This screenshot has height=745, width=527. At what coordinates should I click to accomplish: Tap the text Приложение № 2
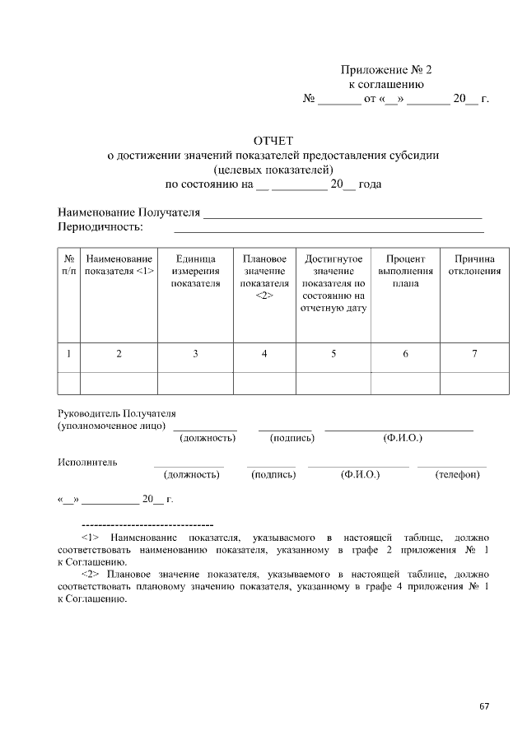[386, 70]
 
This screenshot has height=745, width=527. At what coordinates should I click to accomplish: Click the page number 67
[484, 706]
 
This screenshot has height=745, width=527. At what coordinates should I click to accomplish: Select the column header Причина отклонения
[474, 265]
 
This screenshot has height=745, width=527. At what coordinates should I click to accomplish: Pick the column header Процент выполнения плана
[405, 271]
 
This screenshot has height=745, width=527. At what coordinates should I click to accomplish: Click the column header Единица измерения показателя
[195, 271]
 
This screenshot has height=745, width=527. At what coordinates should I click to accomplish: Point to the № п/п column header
[69, 265]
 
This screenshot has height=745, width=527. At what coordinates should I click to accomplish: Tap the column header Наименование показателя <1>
[119, 265]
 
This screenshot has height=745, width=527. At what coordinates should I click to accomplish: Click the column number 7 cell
[474, 354]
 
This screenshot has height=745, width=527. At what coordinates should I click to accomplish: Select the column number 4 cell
[264, 354]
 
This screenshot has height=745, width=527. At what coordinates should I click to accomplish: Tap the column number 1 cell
[69, 354]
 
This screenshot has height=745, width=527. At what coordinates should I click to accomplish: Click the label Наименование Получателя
[129, 212]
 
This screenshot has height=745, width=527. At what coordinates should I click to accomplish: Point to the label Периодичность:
[100, 226]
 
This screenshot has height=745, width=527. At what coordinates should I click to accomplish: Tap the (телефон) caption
[457, 475]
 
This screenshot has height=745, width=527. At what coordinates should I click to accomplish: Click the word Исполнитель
[87, 462]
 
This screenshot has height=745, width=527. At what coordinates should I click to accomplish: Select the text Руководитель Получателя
[117, 413]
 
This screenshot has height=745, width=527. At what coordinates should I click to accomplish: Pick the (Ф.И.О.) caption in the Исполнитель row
[359, 475]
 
